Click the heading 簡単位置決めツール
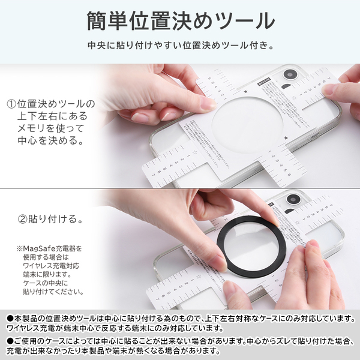click(180, 21)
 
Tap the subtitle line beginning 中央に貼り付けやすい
click(180, 46)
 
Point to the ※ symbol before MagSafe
click(20, 248)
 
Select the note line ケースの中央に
click(43, 282)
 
